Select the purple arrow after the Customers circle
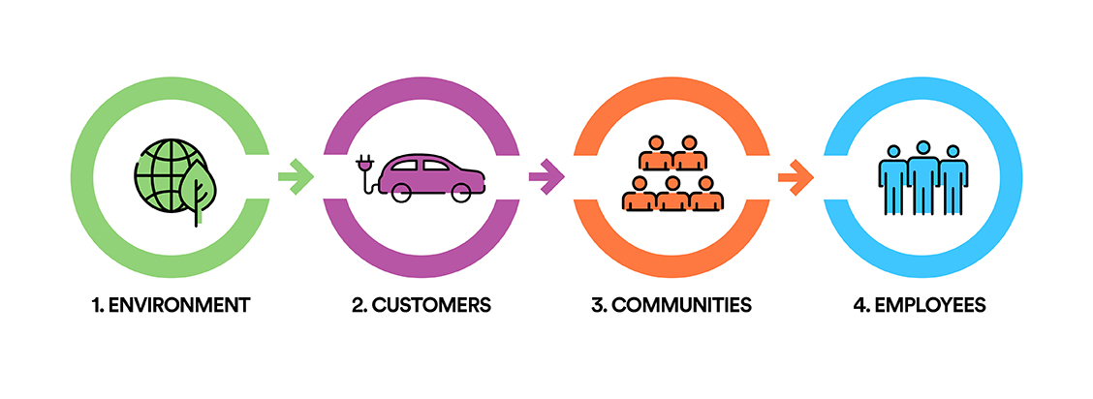click(x=546, y=176)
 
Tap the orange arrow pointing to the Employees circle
click(x=796, y=176)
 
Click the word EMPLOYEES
click(x=929, y=305)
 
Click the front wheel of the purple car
click(x=461, y=192)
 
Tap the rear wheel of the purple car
click(x=401, y=192)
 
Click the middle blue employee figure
click(x=922, y=178)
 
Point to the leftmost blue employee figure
click(x=893, y=180)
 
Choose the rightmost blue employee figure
click(x=952, y=180)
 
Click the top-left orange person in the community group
click(x=656, y=152)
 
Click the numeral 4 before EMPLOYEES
click(x=859, y=305)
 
